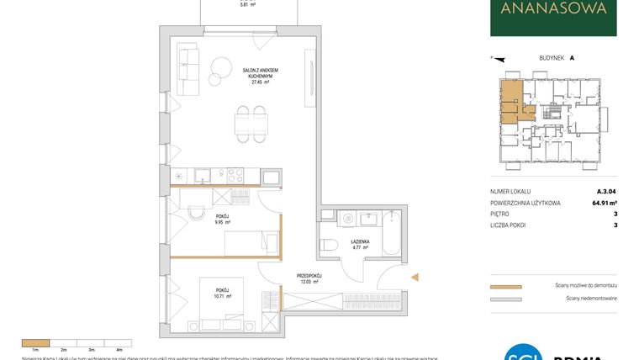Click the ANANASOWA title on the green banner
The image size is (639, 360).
click(x=552, y=10)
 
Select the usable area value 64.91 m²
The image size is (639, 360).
click(x=600, y=203)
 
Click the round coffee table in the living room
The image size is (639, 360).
click(x=222, y=66)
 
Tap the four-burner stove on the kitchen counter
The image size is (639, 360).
click(x=235, y=176)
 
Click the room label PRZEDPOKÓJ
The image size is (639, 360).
click(x=309, y=275)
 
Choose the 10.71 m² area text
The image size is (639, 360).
click(x=221, y=297)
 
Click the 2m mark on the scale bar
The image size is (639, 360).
click(x=62, y=347)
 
